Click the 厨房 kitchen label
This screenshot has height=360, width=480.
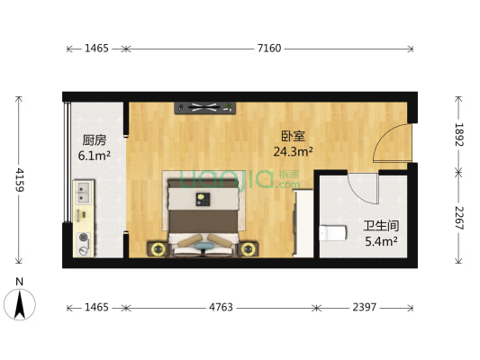[x=95, y=140]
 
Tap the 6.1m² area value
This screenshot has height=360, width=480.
[x=95, y=156]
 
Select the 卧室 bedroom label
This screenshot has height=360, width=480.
[x=293, y=136]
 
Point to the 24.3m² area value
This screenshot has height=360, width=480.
[x=294, y=151]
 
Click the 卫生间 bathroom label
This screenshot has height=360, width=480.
[x=380, y=226]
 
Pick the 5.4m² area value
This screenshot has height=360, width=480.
[x=380, y=241]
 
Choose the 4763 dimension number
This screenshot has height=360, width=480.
[x=221, y=308]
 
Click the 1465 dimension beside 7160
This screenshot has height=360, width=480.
[x=95, y=49]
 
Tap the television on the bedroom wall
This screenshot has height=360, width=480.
[x=204, y=108]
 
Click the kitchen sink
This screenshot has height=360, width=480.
[x=83, y=192]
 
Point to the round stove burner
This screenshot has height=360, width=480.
[x=84, y=238]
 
